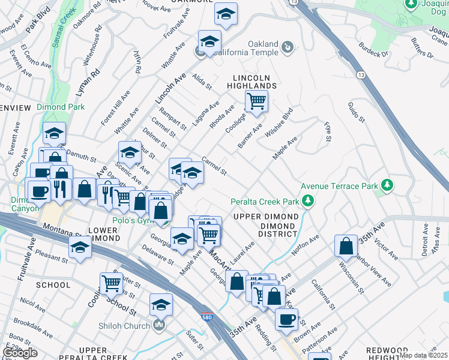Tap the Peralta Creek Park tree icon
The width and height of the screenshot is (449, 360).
[309, 200]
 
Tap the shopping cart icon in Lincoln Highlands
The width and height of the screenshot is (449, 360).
[256, 101]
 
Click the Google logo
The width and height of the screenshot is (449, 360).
[20, 353]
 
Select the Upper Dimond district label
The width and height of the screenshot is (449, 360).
[266, 216]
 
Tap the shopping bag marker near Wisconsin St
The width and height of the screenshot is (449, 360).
[346, 246]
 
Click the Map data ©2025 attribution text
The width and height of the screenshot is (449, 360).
[423, 355]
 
